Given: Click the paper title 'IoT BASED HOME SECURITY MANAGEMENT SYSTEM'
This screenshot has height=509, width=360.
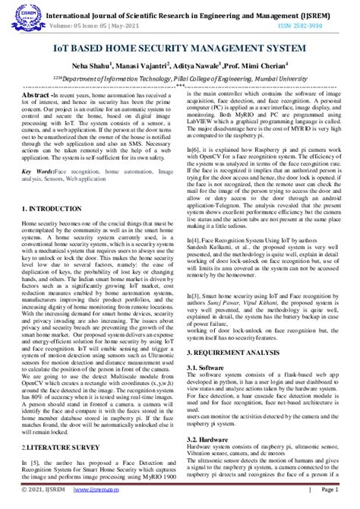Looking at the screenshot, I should (x=180, y=48).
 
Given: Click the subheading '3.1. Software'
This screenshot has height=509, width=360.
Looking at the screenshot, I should (x=206, y=367).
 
